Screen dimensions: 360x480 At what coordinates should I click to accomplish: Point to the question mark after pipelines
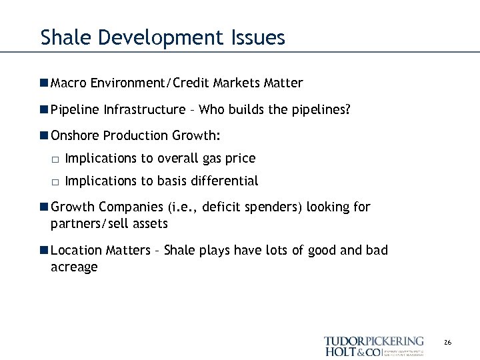tap(347, 109)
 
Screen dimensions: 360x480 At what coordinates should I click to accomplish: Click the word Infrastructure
tap(145, 109)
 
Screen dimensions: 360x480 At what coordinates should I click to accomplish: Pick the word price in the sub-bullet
tap(240, 159)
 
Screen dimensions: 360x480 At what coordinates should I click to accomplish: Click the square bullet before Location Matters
tap(44, 251)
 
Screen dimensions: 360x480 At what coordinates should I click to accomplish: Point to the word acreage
tap(74, 267)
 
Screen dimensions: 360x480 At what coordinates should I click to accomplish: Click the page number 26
tap(447, 343)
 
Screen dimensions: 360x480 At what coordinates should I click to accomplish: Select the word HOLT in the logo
tap(339, 351)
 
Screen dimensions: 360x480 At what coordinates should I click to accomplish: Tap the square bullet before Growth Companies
tap(44, 207)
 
